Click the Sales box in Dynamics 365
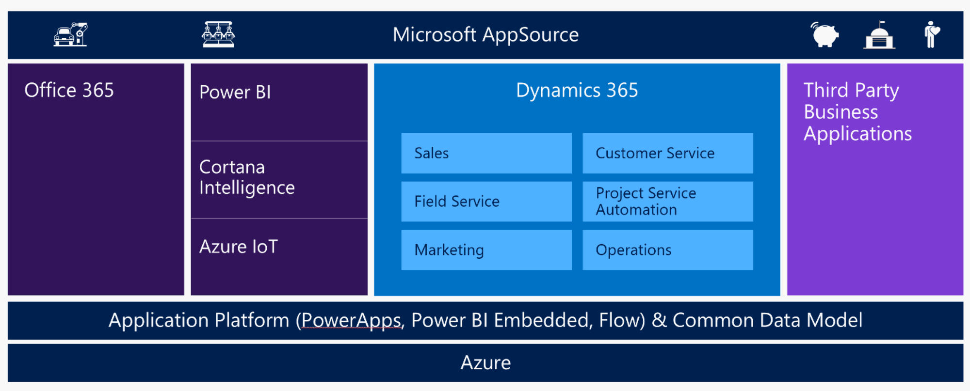coord(486,153)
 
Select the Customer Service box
coord(667,153)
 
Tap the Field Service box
coord(486,202)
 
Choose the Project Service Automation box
coord(667,202)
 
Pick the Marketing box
coord(486,250)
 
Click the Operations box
coord(667,250)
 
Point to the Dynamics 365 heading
coord(577,91)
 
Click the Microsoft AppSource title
coord(485,35)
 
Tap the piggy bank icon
coord(824,35)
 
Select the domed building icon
coord(879,35)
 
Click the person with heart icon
coord(931,34)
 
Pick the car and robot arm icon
coord(71,34)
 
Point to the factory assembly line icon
coord(218,34)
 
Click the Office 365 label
coord(69,91)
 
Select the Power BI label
coord(235,93)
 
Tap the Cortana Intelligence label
coord(247,177)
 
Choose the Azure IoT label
coord(239,247)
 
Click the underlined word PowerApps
coord(351,321)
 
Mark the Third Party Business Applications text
coord(857,112)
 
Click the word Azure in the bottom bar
coord(485,363)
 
